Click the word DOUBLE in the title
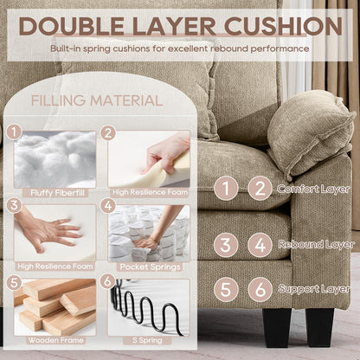72,26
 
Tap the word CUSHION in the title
283,26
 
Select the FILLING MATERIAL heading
97,100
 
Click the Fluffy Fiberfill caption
58,193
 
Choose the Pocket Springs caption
150,267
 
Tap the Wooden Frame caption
56,340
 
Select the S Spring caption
147,340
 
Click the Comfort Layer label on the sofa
313,189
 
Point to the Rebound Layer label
316,245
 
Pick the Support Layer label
314,289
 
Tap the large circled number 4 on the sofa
260,245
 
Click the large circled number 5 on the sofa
226,289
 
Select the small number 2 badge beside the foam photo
108,133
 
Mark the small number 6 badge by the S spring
108,280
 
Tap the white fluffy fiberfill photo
55,160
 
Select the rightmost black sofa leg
320,327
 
